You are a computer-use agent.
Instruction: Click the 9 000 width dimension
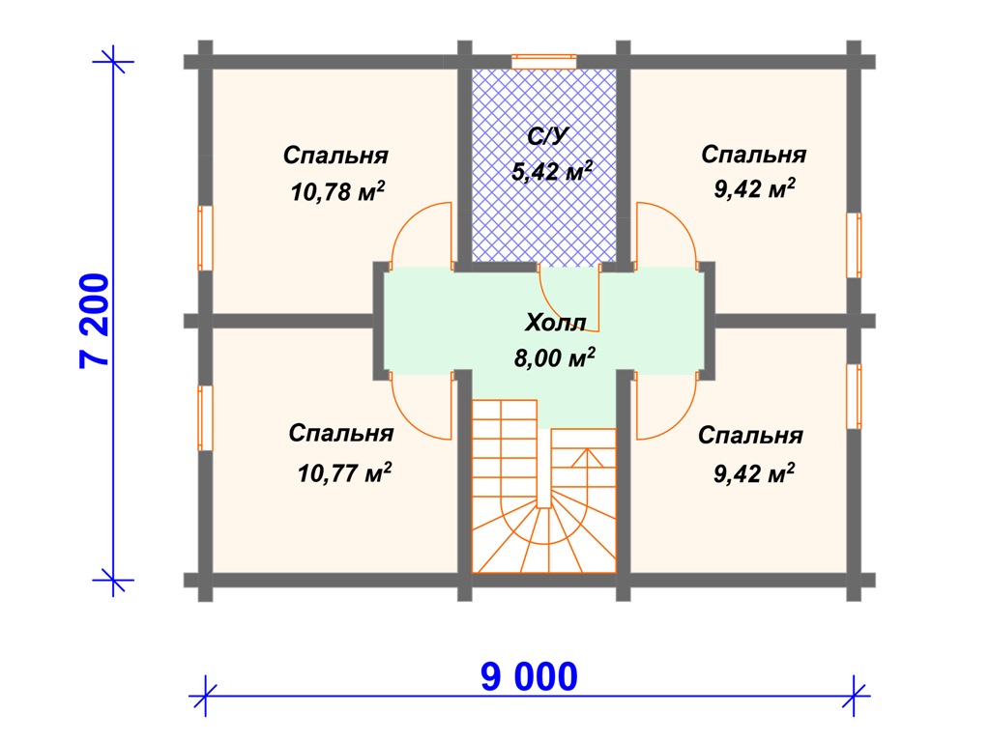(x=529, y=676)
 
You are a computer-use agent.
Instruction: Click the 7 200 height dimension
(x=95, y=321)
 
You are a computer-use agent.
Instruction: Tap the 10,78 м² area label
(x=337, y=191)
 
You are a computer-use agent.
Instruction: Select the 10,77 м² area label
(x=344, y=471)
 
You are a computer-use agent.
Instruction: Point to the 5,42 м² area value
(x=552, y=170)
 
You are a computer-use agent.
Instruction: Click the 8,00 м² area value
(x=554, y=357)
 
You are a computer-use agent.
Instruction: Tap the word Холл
(x=556, y=323)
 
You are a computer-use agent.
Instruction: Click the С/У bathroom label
(x=548, y=136)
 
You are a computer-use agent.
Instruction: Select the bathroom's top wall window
(x=543, y=62)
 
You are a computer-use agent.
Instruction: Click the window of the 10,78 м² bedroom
(x=205, y=238)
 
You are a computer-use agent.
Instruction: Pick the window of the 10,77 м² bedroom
(x=205, y=418)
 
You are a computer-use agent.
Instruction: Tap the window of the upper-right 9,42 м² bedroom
(x=854, y=245)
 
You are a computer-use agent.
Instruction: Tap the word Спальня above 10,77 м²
(x=341, y=434)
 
